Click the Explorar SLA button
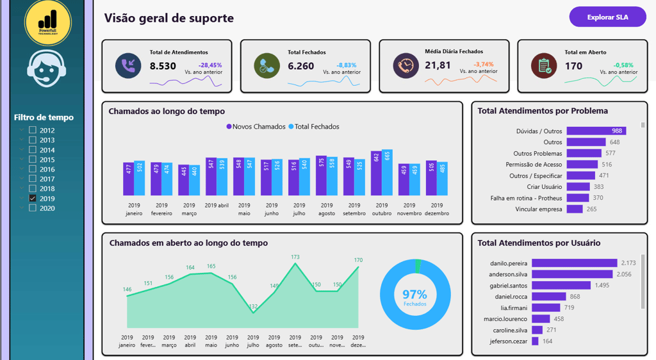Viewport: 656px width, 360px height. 607,17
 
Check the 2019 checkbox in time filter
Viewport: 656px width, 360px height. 33,199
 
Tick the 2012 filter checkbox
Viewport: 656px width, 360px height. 33,130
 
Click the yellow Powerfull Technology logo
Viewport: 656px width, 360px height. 47,22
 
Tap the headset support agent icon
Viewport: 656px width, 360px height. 47,69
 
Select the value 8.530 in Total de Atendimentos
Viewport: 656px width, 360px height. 163,66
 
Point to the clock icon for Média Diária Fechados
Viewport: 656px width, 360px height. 406,66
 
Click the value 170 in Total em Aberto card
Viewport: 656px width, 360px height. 573,66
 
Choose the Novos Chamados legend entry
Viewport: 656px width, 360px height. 256,127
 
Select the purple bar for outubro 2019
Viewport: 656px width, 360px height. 376,174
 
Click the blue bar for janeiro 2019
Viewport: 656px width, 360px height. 140,178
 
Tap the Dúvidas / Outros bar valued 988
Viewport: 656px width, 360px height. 596,131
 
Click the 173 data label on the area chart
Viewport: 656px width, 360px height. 295,258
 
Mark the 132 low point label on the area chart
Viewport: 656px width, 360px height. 253,307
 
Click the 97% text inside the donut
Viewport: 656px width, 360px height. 414,295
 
